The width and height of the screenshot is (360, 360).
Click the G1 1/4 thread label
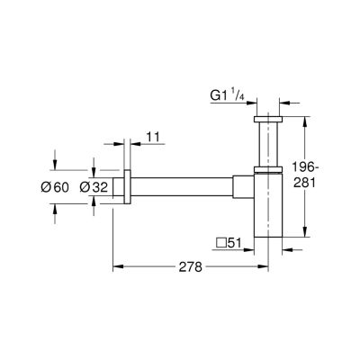[x=228, y=96]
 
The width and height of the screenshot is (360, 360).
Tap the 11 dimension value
[x=153, y=137]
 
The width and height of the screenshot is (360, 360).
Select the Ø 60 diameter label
[x=55, y=187]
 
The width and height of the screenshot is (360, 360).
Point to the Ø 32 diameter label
[x=94, y=187]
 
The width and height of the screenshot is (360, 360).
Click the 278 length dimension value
[x=191, y=266]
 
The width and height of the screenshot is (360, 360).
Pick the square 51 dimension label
[x=229, y=243]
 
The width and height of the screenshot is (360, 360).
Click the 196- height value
[x=303, y=166]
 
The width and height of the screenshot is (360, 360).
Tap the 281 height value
[x=304, y=183]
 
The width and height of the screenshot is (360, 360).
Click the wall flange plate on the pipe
[x=127, y=187]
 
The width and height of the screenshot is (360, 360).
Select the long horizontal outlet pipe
[x=182, y=187]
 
